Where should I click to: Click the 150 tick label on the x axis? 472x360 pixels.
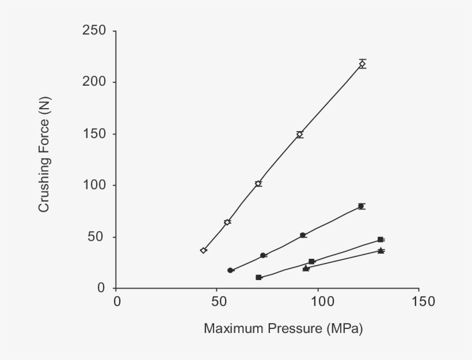pyautogui.click(x=418, y=302)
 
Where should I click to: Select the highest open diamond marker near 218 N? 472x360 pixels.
pyautogui.click(x=362, y=64)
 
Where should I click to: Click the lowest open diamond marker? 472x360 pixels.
pyautogui.click(x=203, y=250)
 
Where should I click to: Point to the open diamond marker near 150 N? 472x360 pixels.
pyautogui.click(x=299, y=135)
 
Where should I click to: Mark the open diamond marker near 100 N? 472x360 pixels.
pyautogui.click(x=258, y=183)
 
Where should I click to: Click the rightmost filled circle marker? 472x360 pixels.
pyautogui.click(x=361, y=206)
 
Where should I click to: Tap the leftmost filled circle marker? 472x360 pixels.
pyautogui.click(x=230, y=270)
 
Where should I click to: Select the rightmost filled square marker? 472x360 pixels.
pyautogui.click(x=380, y=239)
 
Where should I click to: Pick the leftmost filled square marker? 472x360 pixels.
pyautogui.click(x=259, y=277)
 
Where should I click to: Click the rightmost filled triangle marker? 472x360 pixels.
pyautogui.click(x=380, y=250)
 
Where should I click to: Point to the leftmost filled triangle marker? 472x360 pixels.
pyautogui.click(x=306, y=268)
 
